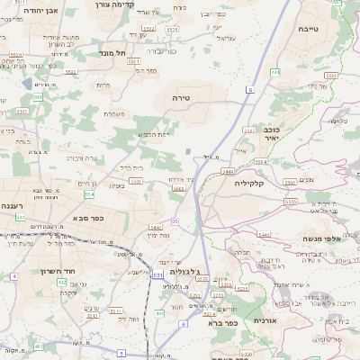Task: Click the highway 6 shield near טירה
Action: click(x=248, y=89)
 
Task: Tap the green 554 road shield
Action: click(x=88, y=193)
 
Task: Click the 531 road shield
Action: click(x=158, y=274)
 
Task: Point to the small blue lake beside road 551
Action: click(x=189, y=152)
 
